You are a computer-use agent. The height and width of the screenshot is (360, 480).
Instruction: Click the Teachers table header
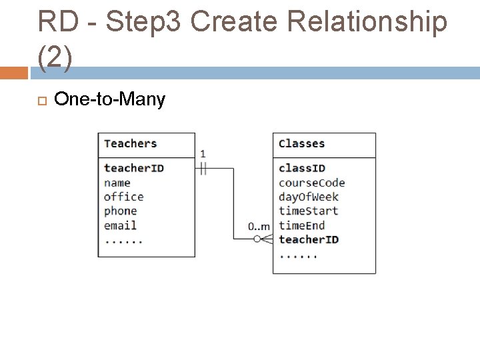click(130, 143)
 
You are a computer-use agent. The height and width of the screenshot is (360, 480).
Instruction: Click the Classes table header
click(301, 143)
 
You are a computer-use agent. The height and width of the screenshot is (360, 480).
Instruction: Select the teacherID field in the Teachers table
click(133, 168)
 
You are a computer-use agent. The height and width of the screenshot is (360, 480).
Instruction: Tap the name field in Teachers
click(117, 183)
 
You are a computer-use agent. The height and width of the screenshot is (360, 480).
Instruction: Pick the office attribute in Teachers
click(123, 197)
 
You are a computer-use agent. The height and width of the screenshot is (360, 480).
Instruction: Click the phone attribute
click(120, 211)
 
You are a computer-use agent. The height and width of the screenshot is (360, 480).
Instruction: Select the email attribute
click(120, 225)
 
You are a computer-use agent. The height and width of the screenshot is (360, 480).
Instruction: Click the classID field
click(301, 168)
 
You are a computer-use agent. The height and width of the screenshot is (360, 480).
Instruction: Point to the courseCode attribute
click(311, 183)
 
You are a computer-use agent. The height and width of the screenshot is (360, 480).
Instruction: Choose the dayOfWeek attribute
click(308, 197)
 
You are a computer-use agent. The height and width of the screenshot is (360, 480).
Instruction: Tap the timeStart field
click(308, 211)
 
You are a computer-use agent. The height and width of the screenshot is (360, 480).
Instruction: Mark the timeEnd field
click(301, 225)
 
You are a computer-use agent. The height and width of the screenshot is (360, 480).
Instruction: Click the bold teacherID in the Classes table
click(308, 239)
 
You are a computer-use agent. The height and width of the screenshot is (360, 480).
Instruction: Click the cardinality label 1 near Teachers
click(203, 155)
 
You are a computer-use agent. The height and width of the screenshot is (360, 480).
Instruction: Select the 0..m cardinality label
click(259, 227)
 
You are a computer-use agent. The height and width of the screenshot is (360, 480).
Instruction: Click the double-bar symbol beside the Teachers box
click(203, 169)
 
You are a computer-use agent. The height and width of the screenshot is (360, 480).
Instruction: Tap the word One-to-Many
click(109, 100)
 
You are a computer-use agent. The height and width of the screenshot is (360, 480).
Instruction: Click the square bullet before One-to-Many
click(41, 101)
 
